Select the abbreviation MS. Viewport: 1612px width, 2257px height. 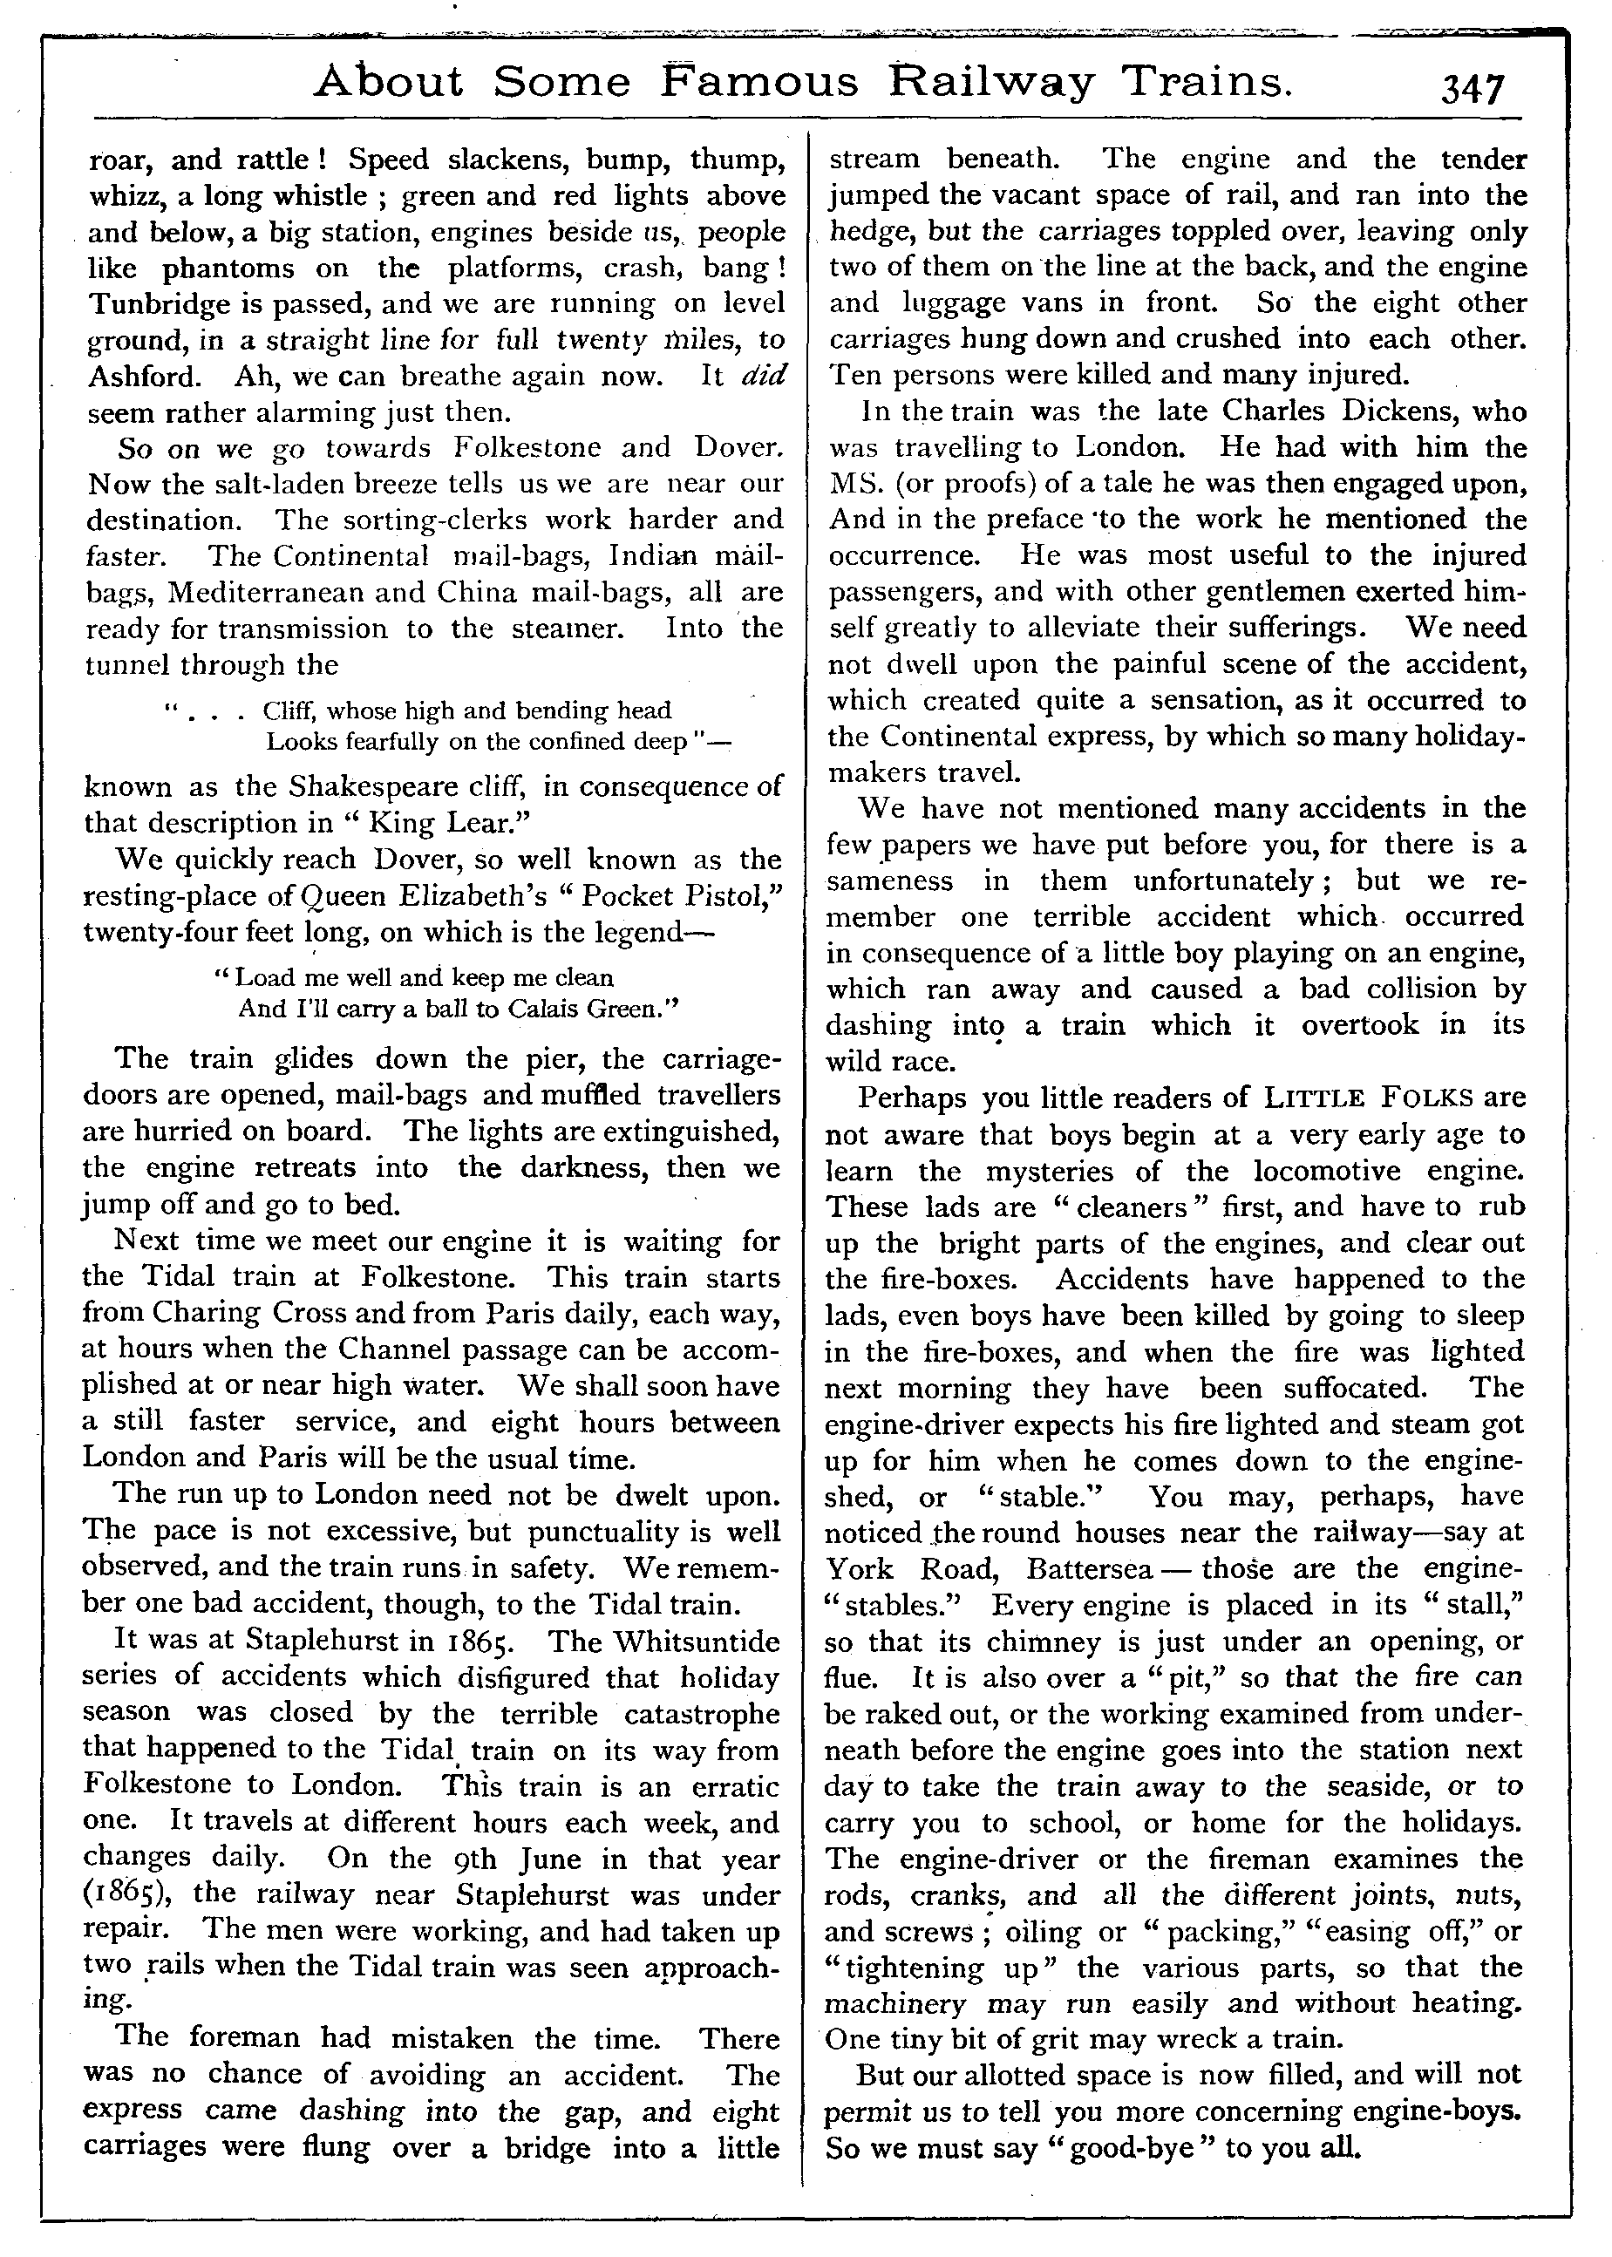pyautogui.click(x=858, y=485)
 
